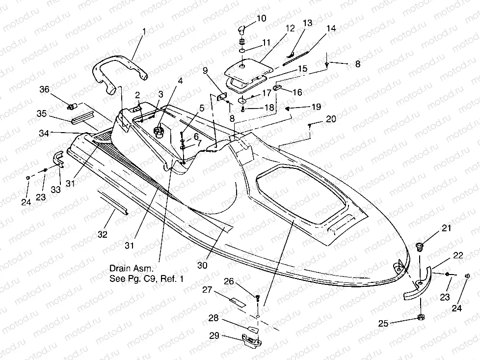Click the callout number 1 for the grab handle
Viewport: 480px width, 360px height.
tap(144, 32)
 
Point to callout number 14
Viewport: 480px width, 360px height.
tap(331, 28)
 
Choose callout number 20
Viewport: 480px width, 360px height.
tap(331, 119)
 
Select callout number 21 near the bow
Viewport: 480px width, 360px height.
tap(446, 227)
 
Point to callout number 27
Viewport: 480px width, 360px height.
tap(208, 290)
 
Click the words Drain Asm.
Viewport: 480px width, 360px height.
tap(133, 269)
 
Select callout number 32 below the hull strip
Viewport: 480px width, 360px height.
tap(102, 235)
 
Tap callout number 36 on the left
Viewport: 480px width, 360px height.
tap(45, 89)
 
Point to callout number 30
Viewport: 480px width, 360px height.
tap(203, 265)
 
